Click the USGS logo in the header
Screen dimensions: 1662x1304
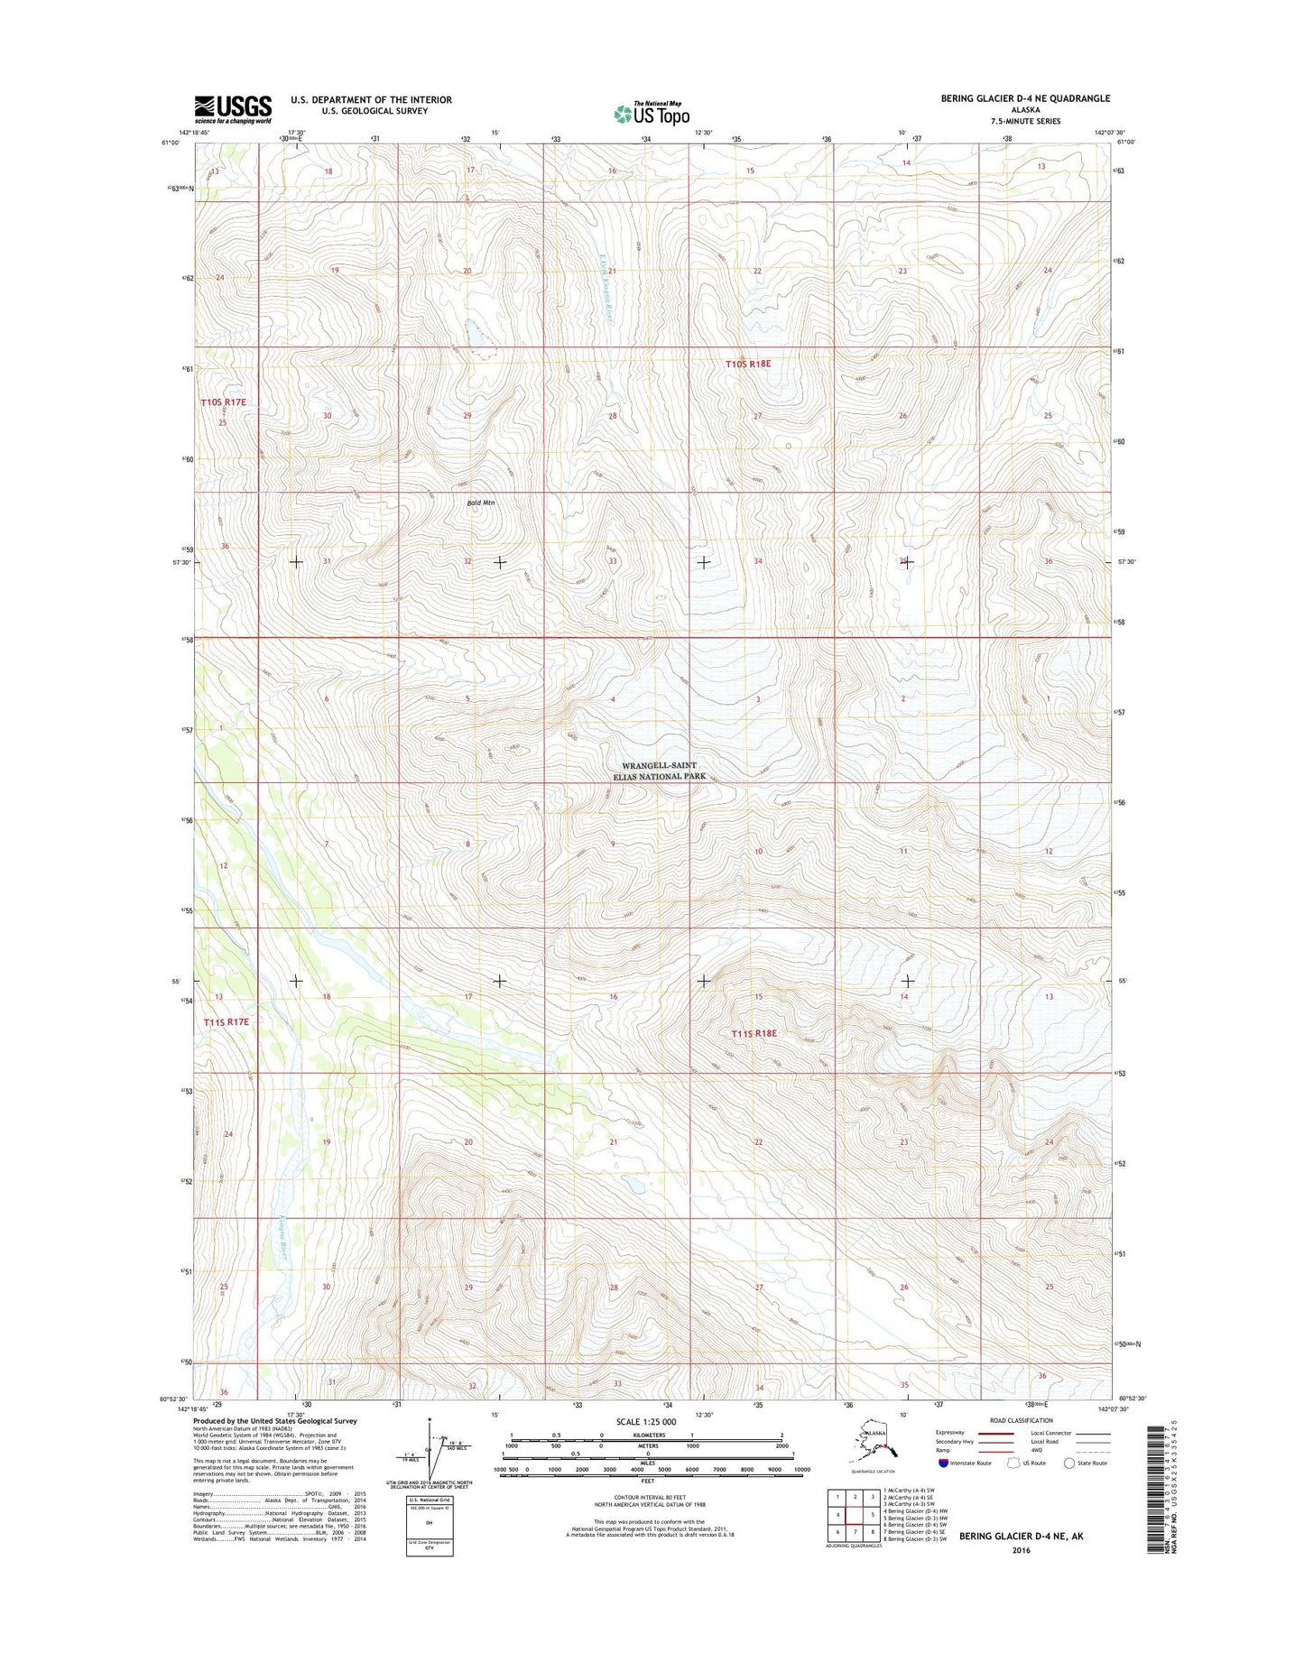[233, 109]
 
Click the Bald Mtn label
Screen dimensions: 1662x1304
[482, 503]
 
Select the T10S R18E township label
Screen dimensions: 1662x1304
[749, 363]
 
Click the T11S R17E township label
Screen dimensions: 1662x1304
[226, 1021]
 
